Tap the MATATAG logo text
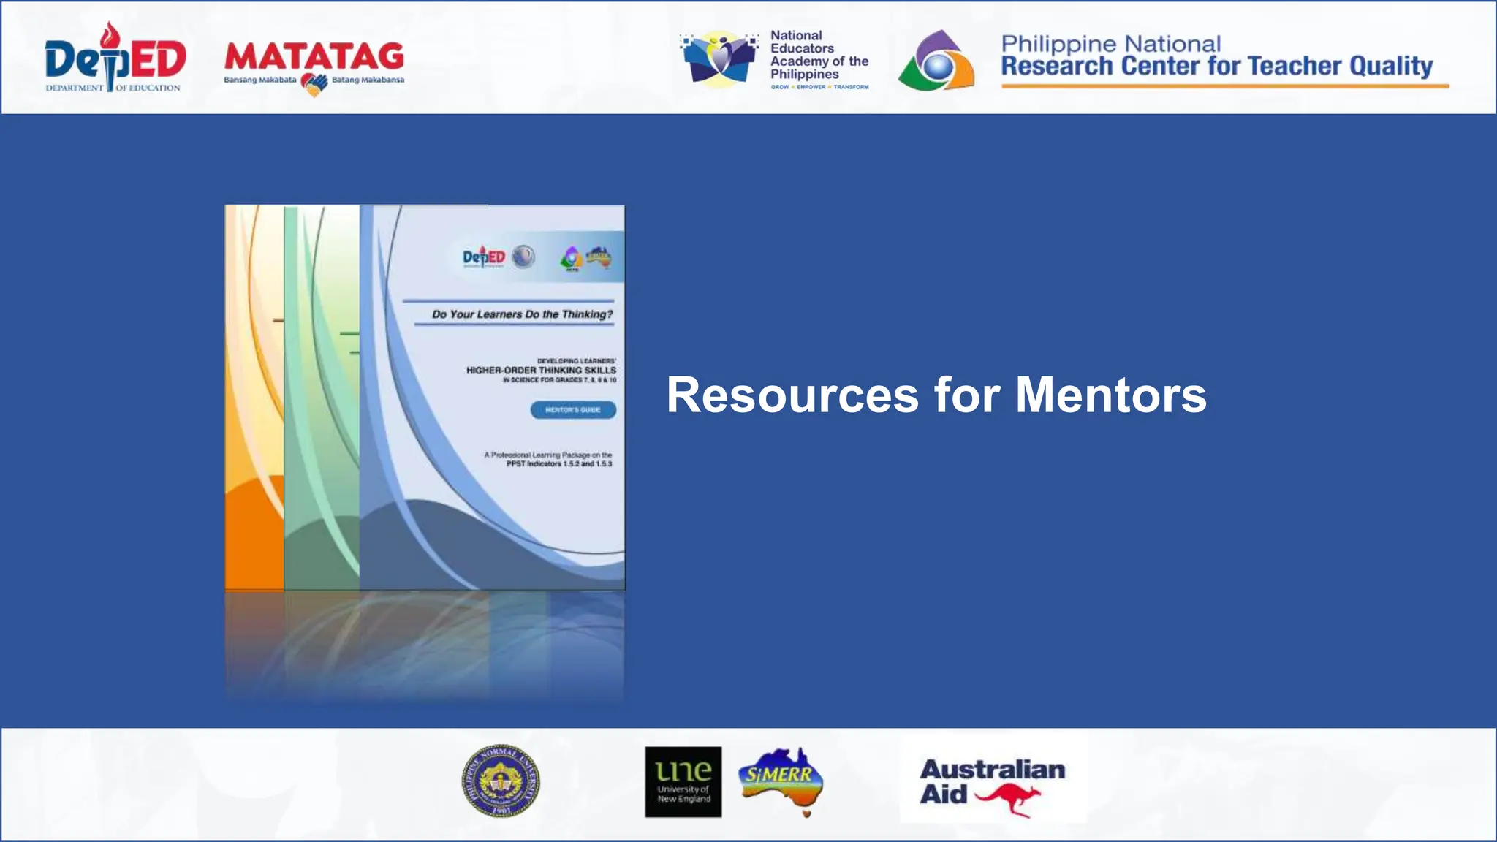(314, 57)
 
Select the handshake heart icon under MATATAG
(314, 86)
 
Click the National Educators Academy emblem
(719, 58)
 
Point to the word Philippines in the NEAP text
(804, 75)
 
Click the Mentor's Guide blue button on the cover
(573, 410)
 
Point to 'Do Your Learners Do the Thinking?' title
(522, 314)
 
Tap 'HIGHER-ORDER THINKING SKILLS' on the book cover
(541, 371)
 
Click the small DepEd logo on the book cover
(484, 257)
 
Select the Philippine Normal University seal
(501, 781)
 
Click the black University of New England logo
(683, 781)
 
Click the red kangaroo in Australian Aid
(1009, 798)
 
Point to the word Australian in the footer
(992, 770)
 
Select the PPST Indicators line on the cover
(559, 464)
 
